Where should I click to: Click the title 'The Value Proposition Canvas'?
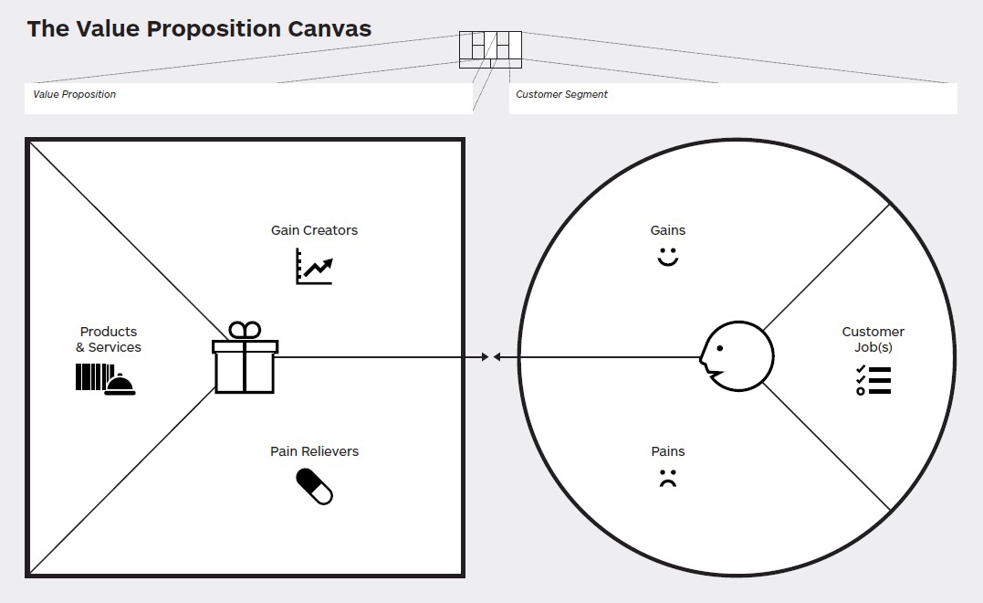pos(199,29)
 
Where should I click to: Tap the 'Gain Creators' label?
pos(314,230)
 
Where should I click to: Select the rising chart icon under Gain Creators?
pos(314,266)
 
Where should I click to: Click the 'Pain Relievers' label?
pos(314,451)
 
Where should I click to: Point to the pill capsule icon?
pos(314,487)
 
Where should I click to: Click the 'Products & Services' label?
pos(109,340)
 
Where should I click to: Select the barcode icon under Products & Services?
pos(91,376)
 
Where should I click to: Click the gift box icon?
pos(245,357)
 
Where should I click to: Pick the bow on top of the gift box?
pos(245,330)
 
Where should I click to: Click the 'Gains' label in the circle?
pos(668,230)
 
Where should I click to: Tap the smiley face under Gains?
pos(668,257)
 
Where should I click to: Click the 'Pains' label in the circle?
pos(668,451)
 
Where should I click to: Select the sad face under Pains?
pos(668,478)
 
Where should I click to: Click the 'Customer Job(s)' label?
pos(873,340)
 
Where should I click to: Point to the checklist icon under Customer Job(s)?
pos(873,380)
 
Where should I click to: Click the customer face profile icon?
pos(737,356)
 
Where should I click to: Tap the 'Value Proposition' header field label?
pos(75,94)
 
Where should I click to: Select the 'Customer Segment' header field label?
pos(561,94)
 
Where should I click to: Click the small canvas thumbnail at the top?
pos(490,49)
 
